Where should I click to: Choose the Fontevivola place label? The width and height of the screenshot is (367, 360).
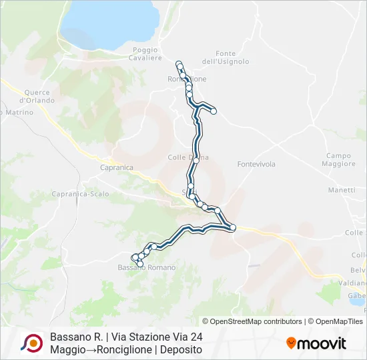[256, 164]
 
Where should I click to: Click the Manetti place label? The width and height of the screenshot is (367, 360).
[342, 190]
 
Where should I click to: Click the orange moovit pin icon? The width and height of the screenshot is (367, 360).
[291, 343]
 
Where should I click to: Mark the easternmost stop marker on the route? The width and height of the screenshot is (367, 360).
[234, 228]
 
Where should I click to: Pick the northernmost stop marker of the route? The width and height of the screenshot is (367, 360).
[178, 63]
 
